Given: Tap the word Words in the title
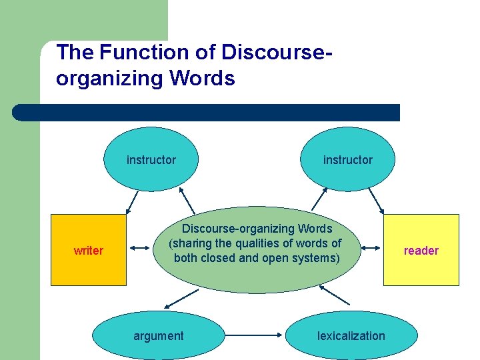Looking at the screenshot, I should (x=202, y=79).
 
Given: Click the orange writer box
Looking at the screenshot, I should (x=89, y=250).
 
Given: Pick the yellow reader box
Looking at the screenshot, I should (x=421, y=250).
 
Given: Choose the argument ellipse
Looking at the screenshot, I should (x=159, y=336).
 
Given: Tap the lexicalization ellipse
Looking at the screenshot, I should (x=351, y=336).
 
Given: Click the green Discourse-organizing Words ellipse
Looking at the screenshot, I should (x=257, y=267).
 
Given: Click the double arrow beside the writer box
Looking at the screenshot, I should (x=141, y=249).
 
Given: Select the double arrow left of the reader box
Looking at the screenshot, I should (x=372, y=249).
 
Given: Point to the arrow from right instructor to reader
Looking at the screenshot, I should (x=377, y=200).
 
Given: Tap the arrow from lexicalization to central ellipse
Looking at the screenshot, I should (x=334, y=295).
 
